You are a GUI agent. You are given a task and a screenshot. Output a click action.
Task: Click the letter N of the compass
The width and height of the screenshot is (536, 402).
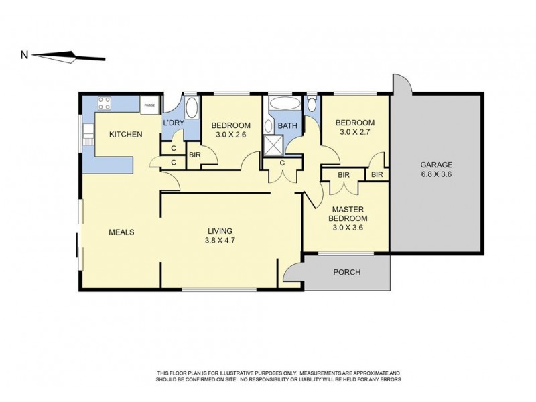point(24,56)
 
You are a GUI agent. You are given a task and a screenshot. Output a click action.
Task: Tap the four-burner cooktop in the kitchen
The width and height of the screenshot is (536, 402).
point(105,103)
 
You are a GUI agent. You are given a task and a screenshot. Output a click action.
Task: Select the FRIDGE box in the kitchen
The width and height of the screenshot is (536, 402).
point(148,104)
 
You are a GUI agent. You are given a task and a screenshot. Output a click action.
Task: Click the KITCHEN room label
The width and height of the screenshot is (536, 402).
point(126,135)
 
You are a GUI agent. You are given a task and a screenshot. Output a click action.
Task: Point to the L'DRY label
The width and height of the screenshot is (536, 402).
point(173,123)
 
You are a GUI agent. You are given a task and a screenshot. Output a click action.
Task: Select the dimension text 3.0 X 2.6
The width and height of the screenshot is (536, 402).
point(230,135)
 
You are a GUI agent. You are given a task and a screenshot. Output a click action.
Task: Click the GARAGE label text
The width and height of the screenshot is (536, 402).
point(436,164)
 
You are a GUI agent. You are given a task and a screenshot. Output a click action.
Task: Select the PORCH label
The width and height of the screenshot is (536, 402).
point(346,272)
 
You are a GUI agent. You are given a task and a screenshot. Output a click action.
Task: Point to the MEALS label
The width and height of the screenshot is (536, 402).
point(122,232)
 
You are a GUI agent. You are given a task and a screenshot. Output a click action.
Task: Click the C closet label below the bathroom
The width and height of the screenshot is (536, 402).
point(282,162)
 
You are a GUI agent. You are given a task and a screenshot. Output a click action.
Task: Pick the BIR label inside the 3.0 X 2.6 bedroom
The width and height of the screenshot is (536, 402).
point(195,155)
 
